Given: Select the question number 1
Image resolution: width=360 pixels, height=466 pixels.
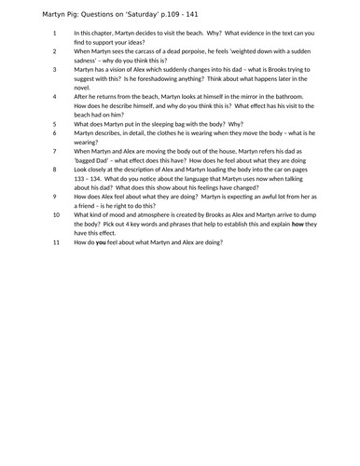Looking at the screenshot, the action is [x=54, y=33].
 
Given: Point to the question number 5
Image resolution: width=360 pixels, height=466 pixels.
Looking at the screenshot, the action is [x=54, y=122].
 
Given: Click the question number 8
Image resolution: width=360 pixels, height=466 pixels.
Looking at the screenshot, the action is [x=54, y=169].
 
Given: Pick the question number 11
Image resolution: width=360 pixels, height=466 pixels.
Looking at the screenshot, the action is [x=56, y=241].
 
